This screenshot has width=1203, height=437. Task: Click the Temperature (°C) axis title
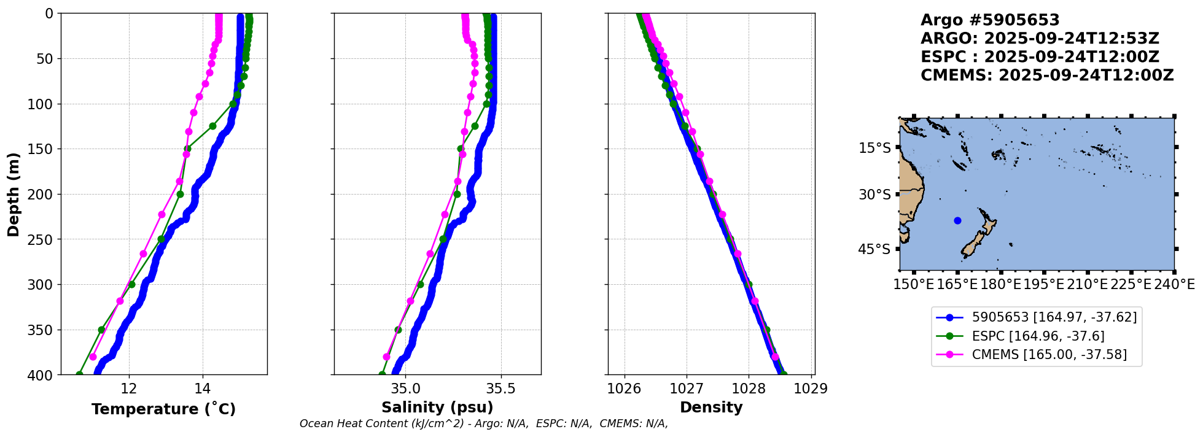(163, 409)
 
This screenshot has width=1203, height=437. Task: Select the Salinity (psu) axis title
(437, 408)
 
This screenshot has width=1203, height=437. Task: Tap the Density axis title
(711, 408)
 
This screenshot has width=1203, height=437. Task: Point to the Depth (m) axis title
(14, 194)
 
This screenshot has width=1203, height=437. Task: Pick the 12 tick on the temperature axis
(129, 389)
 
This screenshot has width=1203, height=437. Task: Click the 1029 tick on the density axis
(811, 389)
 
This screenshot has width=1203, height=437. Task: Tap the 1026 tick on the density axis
(625, 389)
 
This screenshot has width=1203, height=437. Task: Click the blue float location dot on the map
(957, 220)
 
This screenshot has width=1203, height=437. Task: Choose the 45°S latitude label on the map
(874, 249)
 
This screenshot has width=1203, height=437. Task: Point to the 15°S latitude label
(874, 148)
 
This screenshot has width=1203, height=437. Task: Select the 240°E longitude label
(1174, 284)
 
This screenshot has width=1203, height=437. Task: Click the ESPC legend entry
(1038, 336)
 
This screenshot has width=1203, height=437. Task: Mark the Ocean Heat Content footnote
(483, 423)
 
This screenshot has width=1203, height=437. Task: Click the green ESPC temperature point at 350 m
(101, 330)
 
